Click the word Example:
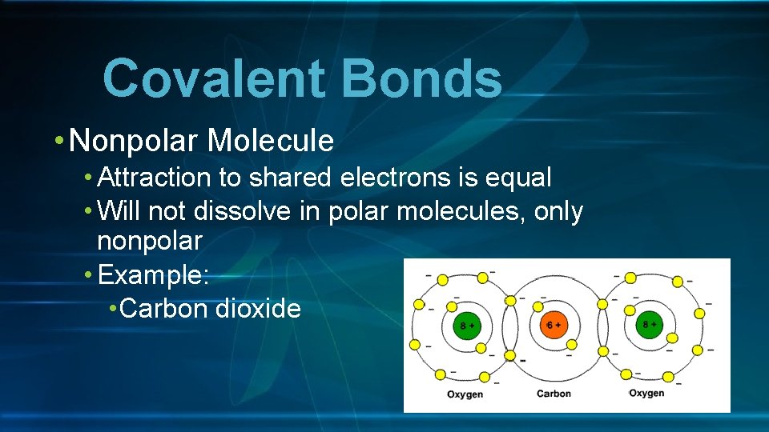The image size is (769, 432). [153, 274]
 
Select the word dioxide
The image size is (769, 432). [259, 309]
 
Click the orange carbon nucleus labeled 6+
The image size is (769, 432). [554, 325]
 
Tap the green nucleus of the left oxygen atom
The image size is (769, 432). [464, 326]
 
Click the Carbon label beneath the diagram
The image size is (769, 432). [554, 394]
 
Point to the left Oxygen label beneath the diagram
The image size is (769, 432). [465, 394]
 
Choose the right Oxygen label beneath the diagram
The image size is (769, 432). [646, 393]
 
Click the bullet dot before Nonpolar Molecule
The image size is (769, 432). [61, 142]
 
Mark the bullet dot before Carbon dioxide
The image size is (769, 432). [112, 309]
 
